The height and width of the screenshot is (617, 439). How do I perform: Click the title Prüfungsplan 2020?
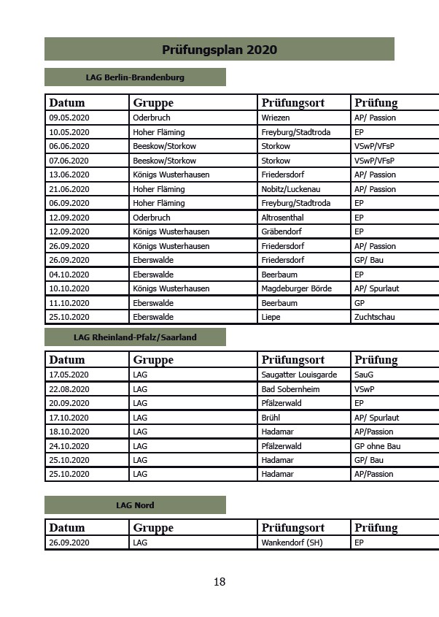click(x=219, y=50)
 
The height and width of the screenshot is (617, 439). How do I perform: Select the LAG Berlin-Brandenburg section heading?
click(x=135, y=77)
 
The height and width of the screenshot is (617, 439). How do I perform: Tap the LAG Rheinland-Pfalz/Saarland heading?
click(x=135, y=337)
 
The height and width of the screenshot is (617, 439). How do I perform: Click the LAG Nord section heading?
click(x=135, y=505)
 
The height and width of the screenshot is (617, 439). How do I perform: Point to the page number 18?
click(x=219, y=582)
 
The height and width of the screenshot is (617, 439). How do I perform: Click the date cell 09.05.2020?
click(x=69, y=118)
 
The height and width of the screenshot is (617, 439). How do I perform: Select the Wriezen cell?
click(x=276, y=118)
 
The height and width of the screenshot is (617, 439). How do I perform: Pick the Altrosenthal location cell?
click(x=283, y=218)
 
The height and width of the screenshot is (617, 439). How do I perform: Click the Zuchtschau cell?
click(x=374, y=317)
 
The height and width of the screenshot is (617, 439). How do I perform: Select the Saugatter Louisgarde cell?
click(x=299, y=375)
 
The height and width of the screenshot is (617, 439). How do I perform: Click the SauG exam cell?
click(x=364, y=375)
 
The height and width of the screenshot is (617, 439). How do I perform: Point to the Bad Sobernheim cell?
click(x=290, y=389)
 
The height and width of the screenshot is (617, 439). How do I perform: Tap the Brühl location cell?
click(x=271, y=418)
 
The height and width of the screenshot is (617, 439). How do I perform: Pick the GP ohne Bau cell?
click(x=377, y=446)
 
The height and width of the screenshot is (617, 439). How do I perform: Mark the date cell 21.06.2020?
click(x=69, y=189)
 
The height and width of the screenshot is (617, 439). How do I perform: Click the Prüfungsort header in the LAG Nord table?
click(x=293, y=527)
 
